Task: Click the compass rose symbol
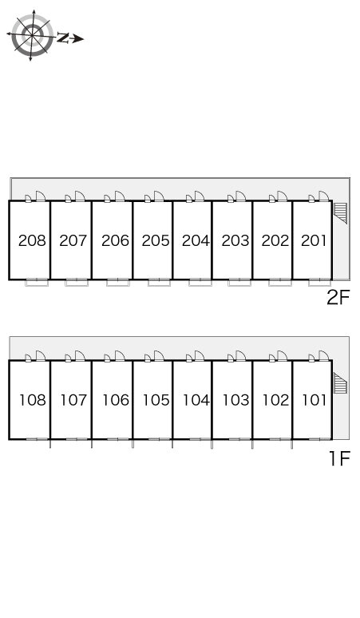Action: pos(31,35)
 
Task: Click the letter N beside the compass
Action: pos(63,38)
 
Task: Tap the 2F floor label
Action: pos(338,298)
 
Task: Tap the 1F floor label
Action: pos(339,458)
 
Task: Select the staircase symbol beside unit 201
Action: pos(340,213)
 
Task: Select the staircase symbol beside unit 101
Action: pos(340,382)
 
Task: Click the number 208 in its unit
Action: pos(32,240)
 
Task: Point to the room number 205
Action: pos(156,240)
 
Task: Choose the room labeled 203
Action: pos(235,240)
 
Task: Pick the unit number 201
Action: pos(314,240)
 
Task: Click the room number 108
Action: pos(33,400)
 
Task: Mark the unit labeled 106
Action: pos(116,400)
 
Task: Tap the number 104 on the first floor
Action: pos(196,400)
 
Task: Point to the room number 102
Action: pos(275,400)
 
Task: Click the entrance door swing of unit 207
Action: pos(80,196)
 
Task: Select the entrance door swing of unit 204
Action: pos(199,196)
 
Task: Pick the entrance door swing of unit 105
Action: pos(159,355)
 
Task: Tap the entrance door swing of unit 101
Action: pos(324,355)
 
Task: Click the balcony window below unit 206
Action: pos(118,282)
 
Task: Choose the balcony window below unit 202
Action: pos(280,282)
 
